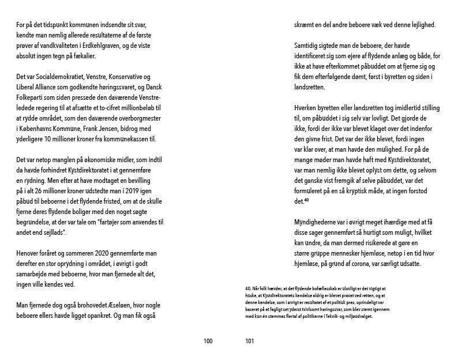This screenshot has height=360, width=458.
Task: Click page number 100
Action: pyautogui.click(x=208, y=341)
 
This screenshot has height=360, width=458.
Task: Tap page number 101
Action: pyautogui.click(x=250, y=341)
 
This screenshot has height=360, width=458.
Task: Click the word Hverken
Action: pyautogui.click(x=306, y=108)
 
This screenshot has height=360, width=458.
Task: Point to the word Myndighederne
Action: pyautogui.click(x=320, y=222)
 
